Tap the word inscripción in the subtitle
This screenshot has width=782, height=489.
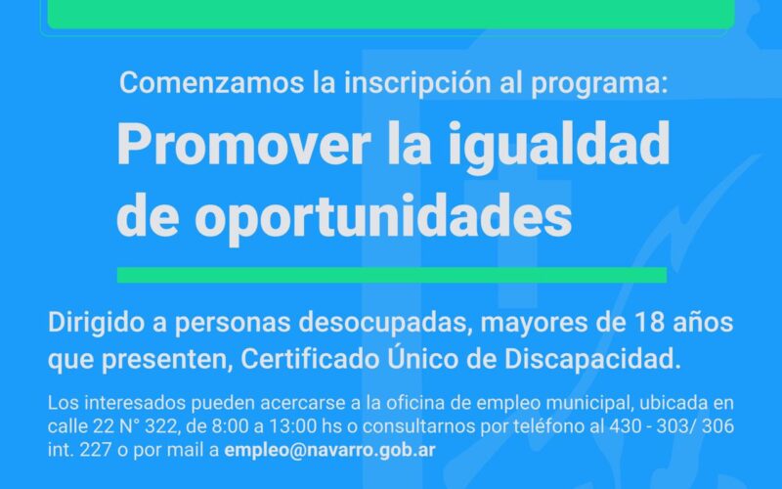[x=417, y=83]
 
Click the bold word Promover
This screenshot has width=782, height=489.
[x=243, y=144]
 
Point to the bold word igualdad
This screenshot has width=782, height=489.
[x=558, y=144]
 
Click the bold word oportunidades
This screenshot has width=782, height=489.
[x=383, y=215]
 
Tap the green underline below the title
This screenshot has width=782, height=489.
[x=392, y=275]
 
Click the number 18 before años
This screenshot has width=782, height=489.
[x=649, y=323]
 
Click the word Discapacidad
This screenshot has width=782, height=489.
[x=592, y=359]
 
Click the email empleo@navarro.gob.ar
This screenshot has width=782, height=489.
[x=329, y=450]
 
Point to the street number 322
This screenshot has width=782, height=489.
[x=160, y=426]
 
